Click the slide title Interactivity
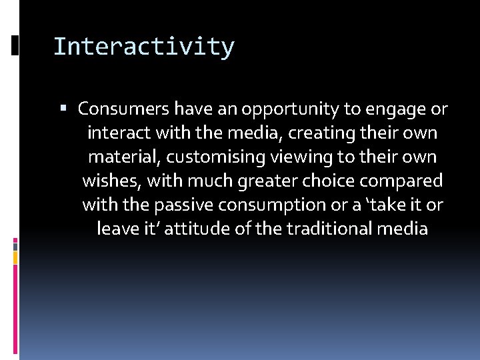pyautogui.click(x=143, y=47)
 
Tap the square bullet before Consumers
pyautogui.click(x=70, y=109)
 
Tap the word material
pyautogui.click(x=125, y=157)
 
